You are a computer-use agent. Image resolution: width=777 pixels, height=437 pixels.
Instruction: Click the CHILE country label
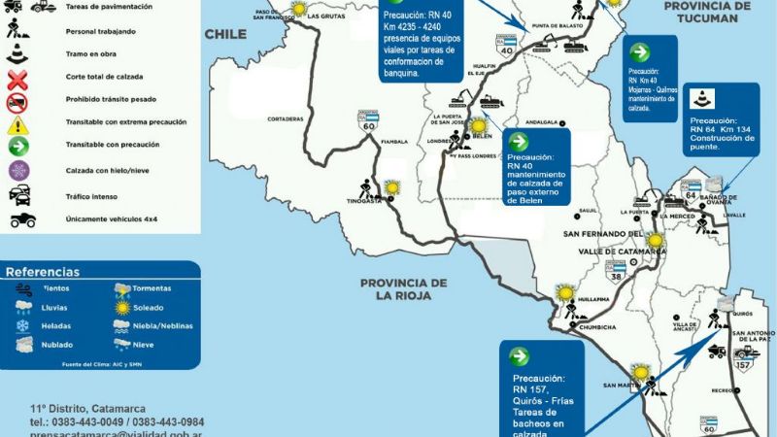pyautogui.click(x=226, y=34)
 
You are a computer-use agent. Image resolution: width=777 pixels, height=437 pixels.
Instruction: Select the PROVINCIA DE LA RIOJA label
pyautogui.click(x=402, y=290)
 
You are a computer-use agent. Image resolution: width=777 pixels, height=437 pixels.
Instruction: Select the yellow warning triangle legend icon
pyautogui.click(x=17, y=125)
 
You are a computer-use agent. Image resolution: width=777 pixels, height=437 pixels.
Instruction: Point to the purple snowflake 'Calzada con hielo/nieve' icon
pyautogui.click(x=17, y=171)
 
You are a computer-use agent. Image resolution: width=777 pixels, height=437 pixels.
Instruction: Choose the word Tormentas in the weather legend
pyautogui.click(x=153, y=288)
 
